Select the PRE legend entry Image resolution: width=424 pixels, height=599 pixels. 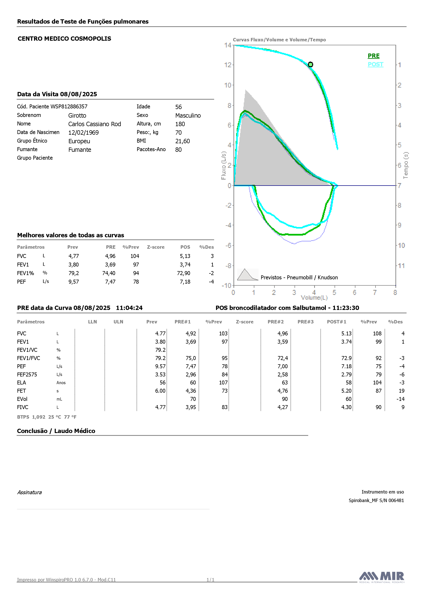pos(374,56)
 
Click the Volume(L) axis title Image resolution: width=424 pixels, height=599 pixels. pos(314,298)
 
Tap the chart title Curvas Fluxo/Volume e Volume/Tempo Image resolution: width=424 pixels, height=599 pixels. pos(279,40)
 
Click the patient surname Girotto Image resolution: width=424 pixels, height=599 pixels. pos(77,115)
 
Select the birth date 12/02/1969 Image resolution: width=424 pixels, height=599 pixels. pos(83,132)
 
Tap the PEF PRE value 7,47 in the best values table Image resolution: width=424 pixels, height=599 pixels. pos(110,282)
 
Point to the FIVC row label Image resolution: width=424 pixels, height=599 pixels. pos(23,407)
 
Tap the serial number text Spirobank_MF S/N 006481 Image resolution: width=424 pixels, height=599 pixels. pos(376,500)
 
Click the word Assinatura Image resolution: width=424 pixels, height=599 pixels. pos(29,492)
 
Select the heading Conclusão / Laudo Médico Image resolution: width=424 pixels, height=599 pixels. pos(56,431)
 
